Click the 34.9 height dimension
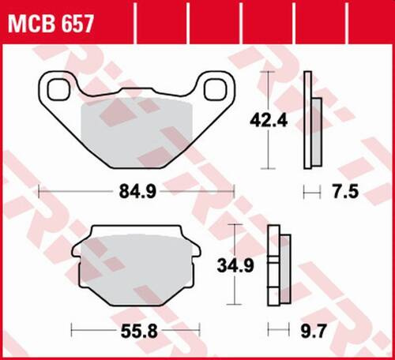click(236, 266)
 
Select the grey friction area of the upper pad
click(134, 130)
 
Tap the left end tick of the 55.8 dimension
click(72, 328)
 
